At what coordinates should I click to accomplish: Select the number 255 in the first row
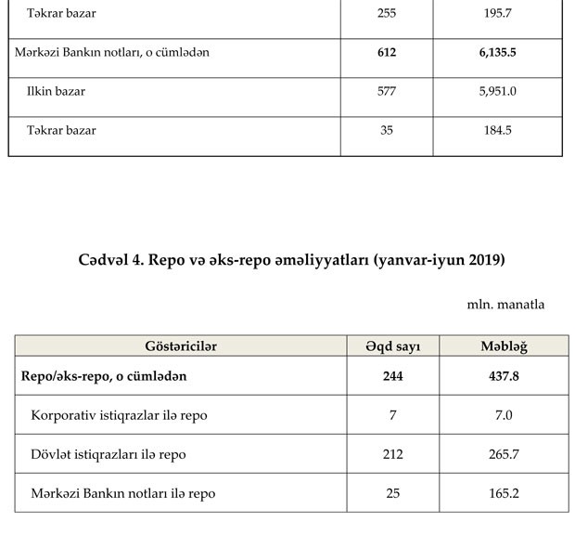click(x=387, y=14)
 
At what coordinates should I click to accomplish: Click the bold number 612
click(x=387, y=53)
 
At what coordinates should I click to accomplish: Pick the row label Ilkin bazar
click(x=56, y=92)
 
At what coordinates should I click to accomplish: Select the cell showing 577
click(x=387, y=92)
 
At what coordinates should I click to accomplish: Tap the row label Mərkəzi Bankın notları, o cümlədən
click(x=112, y=53)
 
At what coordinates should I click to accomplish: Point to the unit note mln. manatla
click(x=505, y=304)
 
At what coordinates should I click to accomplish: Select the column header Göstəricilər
click(x=181, y=346)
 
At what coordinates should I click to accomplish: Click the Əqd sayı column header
click(x=393, y=346)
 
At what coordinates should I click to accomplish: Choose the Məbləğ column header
click(x=504, y=346)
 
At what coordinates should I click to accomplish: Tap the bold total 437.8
click(x=504, y=376)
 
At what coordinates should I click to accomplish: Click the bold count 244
click(x=393, y=376)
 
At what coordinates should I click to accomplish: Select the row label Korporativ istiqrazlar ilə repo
click(x=119, y=415)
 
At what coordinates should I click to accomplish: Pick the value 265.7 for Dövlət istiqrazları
click(x=504, y=454)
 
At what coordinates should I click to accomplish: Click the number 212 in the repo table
click(x=393, y=454)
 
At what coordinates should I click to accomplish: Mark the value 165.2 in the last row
click(x=504, y=493)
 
